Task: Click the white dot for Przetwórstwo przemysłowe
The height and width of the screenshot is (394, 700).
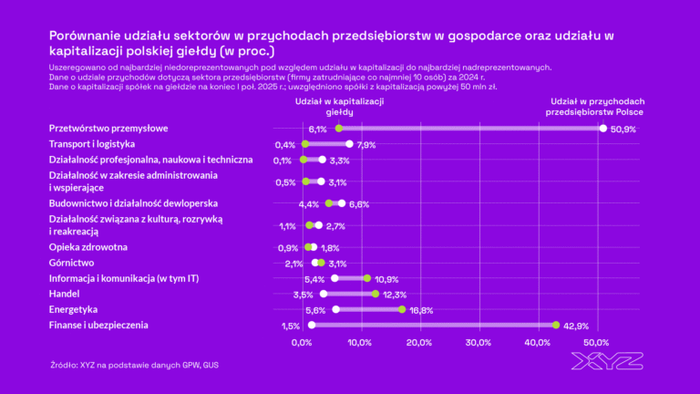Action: click(603, 129)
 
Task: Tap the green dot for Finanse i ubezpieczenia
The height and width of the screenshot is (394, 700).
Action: click(555, 325)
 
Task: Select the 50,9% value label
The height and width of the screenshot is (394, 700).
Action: click(623, 130)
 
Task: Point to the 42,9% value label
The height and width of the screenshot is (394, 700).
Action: click(575, 326)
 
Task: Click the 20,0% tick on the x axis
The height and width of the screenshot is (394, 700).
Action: click(418, 343)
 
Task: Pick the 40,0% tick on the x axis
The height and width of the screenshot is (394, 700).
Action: click(537, 343)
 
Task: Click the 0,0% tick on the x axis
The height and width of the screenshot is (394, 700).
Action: click(302, 343)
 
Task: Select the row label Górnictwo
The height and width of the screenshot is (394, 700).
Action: click(73, 263)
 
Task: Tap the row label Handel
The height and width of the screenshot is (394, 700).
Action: click(64, 294)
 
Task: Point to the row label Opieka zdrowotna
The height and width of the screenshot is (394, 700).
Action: click(87, 247)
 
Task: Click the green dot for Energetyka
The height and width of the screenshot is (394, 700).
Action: click(402, 309)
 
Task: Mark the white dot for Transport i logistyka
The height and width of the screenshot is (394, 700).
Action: click(349, 144)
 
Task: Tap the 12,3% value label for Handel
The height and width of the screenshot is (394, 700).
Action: click(394, 295)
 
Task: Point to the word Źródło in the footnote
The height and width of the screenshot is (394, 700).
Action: click(64, 365)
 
